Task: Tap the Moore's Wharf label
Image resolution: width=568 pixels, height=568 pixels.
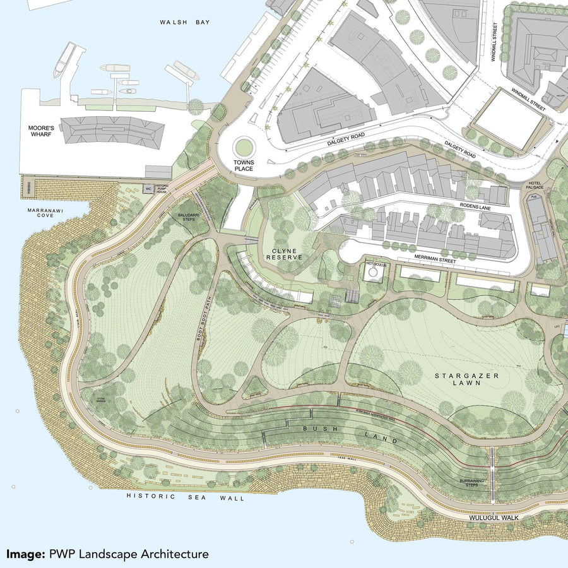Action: (42, 132)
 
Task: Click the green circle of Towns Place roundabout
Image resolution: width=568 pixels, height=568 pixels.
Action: (243, 148)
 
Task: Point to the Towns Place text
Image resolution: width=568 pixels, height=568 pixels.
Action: (243, 166)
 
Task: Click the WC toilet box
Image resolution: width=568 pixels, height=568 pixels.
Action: (148, 188)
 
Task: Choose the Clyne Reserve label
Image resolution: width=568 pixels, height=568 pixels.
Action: (283, 254)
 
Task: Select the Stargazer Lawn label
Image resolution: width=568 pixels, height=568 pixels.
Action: (458, 379)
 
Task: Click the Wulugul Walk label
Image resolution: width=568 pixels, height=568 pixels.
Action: (493, 518)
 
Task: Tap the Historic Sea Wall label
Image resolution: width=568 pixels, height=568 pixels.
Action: (185, 497)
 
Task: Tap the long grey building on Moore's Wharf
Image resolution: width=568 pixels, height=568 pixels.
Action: (112, 130)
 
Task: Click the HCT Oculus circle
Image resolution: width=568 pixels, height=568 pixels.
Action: (373, 271)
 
